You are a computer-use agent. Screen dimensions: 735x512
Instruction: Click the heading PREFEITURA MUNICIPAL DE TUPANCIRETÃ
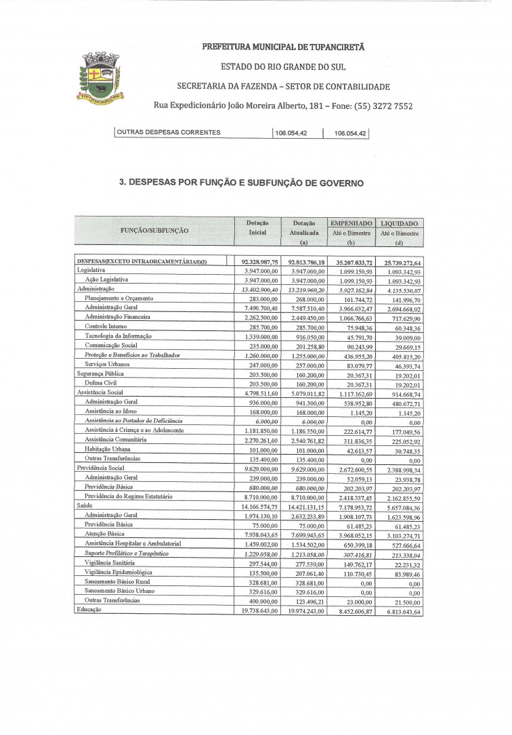[x=283, y=47]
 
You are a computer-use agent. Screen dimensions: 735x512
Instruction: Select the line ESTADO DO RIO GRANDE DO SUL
[x=283, y=67]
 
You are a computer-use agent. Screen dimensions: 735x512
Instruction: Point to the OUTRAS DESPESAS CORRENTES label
[x=169, y=133]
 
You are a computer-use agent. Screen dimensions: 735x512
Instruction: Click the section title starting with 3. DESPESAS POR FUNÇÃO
[x=241, y=183]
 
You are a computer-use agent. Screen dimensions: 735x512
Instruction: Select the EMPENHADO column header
[x=351, y=223]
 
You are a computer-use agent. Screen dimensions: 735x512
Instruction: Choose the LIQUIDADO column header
[x=399, y=223]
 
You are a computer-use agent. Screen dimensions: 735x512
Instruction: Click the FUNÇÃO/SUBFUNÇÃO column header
[x=154, y=231]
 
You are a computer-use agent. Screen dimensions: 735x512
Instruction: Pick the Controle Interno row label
[x=106, y=326]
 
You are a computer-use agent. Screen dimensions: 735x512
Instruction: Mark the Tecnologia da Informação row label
[x=118, y=336]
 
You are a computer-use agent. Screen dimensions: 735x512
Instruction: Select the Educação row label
[x=89, y=609]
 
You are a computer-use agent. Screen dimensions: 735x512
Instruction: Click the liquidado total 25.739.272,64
[x=398, y=263]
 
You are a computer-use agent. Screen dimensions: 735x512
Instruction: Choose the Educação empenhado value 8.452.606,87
[x=351, y=610]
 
